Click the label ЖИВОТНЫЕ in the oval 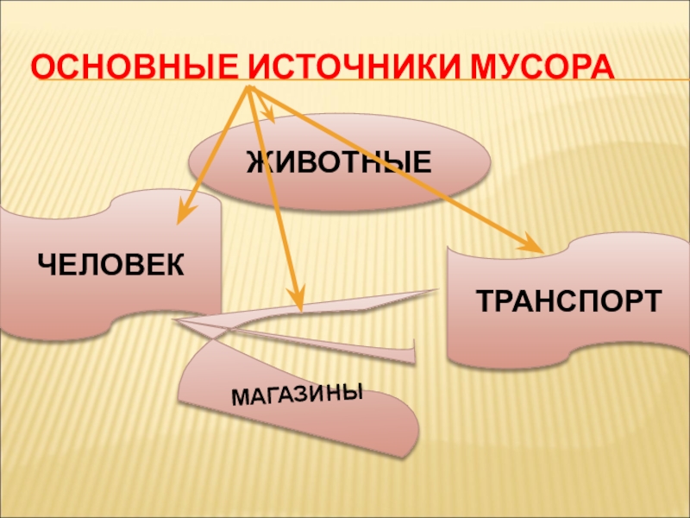click(339, 161)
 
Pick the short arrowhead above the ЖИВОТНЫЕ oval click(270, 115)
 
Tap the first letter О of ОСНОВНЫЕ click(41, 66)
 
